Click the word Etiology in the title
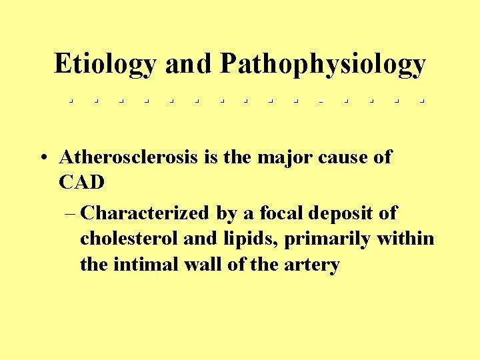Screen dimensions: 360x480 pos(105,65)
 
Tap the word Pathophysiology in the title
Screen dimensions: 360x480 pos(323,65)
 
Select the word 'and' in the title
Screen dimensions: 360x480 pos(188,64)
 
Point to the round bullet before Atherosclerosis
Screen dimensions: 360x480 pos(43,159)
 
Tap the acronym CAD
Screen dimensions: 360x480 pos(82,182)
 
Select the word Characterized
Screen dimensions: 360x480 pos(145,213)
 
